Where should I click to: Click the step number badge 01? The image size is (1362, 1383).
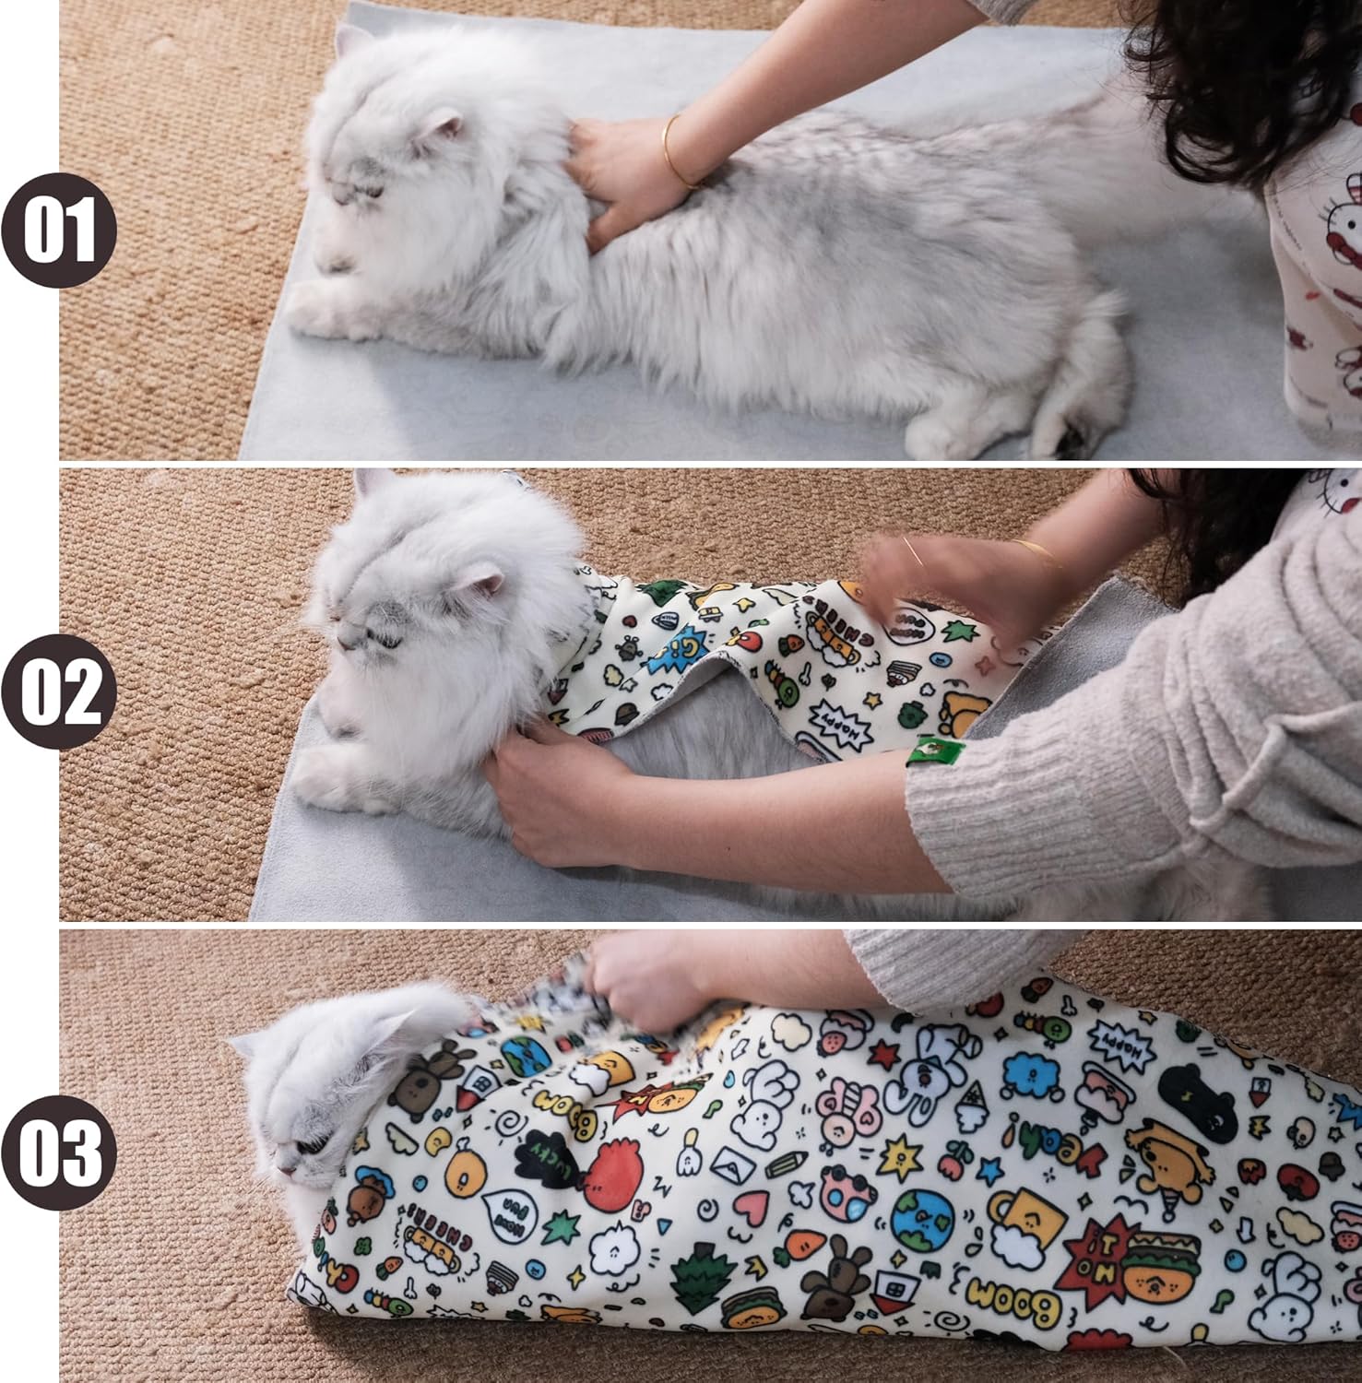59,230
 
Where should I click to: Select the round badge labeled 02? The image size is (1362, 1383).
59,691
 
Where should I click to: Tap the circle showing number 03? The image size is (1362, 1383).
59,1152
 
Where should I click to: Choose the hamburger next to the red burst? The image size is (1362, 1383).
1162,1259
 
